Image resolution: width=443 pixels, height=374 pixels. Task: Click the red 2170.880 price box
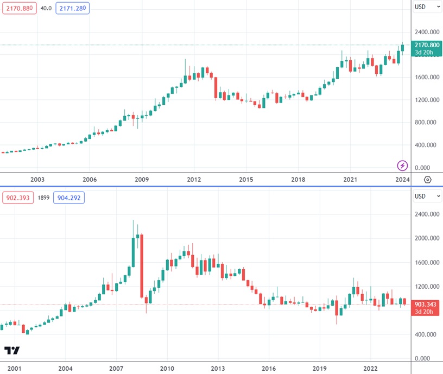[18, 8]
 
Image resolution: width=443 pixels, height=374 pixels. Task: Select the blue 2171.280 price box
[72, 8]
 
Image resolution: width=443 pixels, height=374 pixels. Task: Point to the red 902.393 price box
[18, 198]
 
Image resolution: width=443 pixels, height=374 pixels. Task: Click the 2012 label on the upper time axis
[194, 179]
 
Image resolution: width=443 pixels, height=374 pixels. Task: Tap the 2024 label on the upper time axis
[402, 179]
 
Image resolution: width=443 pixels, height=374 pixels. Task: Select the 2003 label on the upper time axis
[37, 179]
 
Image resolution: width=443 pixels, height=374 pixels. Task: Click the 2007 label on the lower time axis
[116, 368]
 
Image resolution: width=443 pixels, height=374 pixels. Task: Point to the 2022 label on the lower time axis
[370, 368]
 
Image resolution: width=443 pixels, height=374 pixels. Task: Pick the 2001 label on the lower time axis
[15, 368]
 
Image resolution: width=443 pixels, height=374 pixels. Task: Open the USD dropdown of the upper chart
[428, 7]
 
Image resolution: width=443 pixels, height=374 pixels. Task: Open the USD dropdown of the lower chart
[428, 196]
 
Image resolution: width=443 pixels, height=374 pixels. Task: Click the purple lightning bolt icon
[402, 165]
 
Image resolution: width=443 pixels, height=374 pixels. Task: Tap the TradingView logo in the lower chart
[12, 351]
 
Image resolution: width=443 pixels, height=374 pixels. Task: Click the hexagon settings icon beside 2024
[428, 179]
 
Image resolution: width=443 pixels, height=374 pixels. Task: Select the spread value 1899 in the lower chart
[43, 198]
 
